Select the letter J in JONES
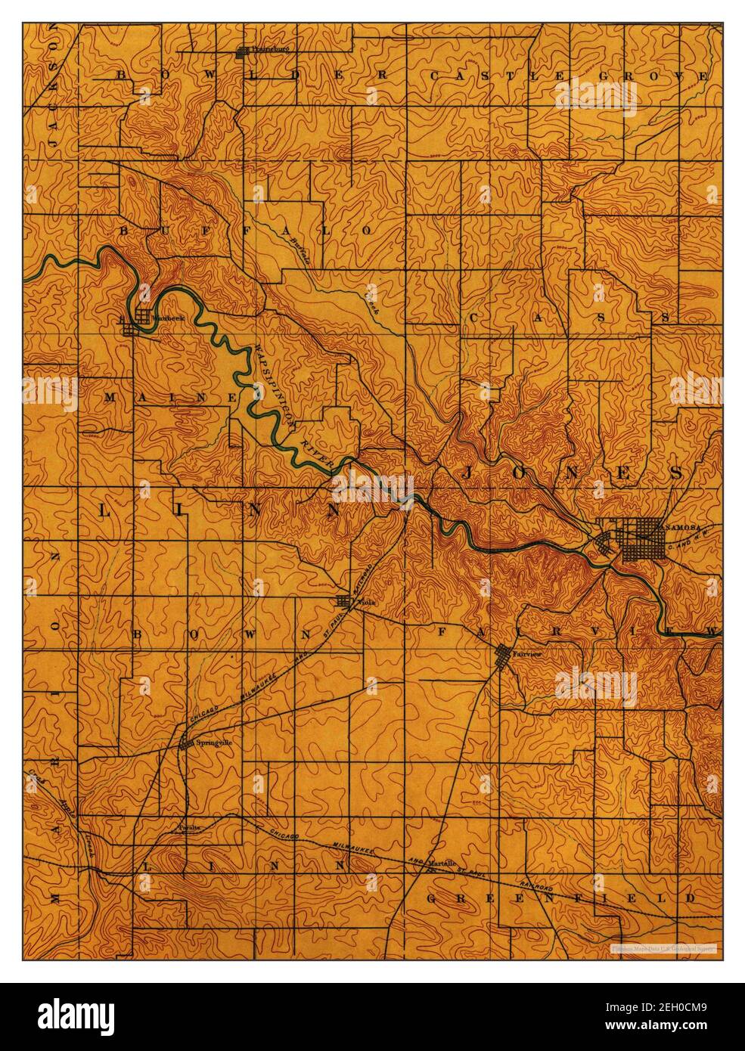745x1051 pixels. coord(467,473)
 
